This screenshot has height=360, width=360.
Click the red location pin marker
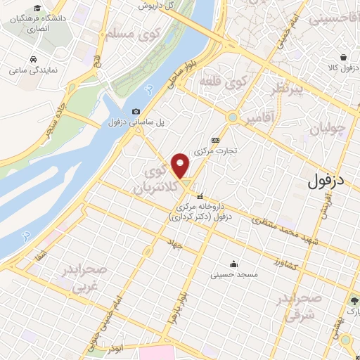click(x=181, y=166)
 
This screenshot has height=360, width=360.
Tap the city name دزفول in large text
click(x=331, y=181)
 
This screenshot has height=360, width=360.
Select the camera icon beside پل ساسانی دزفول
click(x=136, y=111)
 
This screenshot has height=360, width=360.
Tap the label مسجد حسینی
click(x=235, y=274)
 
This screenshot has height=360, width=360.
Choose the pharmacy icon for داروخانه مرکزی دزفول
click(x=201, y=196)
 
